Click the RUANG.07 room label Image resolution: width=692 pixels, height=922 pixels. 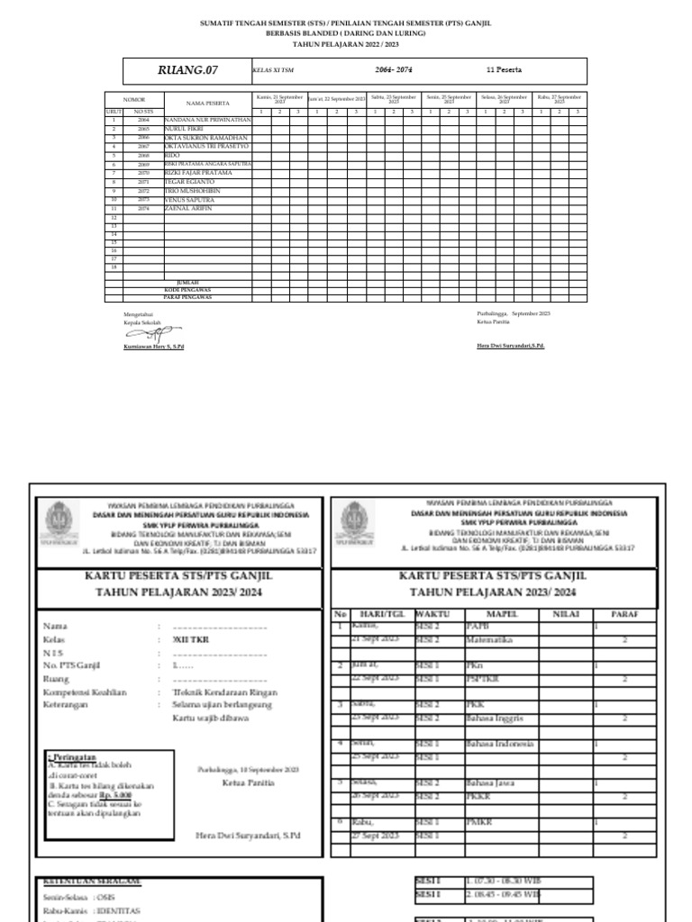pos(187,70)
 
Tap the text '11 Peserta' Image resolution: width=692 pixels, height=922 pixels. pos(503,70)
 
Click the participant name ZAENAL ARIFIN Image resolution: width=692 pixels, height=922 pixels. pos(188,208)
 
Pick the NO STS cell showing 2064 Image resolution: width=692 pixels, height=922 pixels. pos(143,120)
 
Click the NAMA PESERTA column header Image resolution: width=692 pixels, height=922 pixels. pos(207,104)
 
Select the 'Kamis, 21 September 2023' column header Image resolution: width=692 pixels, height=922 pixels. pos(279,97)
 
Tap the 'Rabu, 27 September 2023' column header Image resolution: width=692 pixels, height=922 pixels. pos(559,97)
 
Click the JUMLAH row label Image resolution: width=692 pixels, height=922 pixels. pos(187,282)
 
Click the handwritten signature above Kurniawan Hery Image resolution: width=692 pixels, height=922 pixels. pos(146,333)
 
